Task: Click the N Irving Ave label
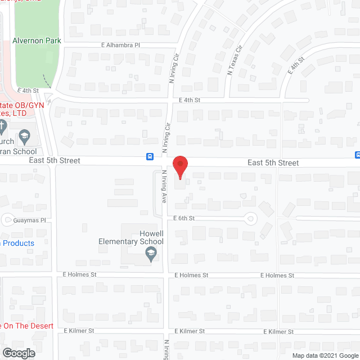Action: click(x=164, y=186)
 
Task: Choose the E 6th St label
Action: click(x=184, y=218)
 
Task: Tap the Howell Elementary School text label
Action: click(x=131, y=237)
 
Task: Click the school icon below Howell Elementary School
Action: click(x=151, y=255)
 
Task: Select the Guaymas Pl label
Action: click(x=30, y=220)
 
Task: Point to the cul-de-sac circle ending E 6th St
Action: click(x=250, y=218)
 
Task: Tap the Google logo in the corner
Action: click(x=18, y=353)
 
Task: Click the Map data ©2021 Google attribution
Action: click(x=325, y=355)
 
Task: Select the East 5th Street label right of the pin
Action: click(x=273, y=163)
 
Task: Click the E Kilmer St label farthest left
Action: click(x=79, y=331)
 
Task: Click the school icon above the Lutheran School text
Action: click(x=24, y=136)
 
